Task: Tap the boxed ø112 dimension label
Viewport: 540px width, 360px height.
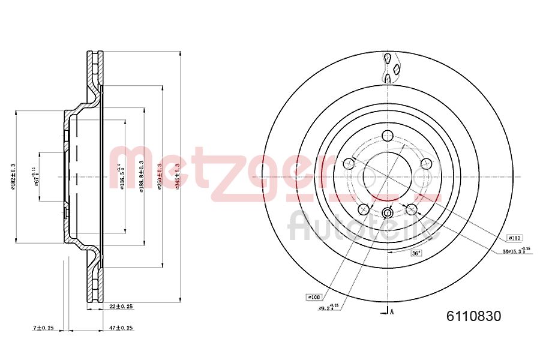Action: click(514, 237)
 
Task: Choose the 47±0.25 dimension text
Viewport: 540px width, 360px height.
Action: click(121, 328)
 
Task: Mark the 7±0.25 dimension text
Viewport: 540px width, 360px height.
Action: click(43, 328)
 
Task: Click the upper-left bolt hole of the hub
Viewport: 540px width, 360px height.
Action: click(349, 163)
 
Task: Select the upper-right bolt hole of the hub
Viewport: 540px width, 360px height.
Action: click(427, 164)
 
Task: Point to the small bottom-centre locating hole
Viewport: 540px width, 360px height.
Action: click(388, 213)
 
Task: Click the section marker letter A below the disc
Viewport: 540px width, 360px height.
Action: click(392, 311)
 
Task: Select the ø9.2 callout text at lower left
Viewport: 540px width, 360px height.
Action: click(329, 308)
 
